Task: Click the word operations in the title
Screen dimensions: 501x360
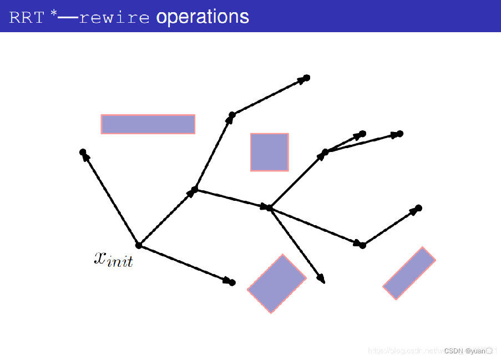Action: [203, 17]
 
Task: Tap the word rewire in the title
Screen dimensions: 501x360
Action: [114, 18]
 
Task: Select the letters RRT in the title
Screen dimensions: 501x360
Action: [26, 18]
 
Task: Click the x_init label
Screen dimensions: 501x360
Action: [113, 258]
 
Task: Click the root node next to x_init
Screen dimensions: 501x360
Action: [139, 245]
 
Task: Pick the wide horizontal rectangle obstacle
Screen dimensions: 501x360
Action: [148, 124]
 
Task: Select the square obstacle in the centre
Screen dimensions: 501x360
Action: [269, 152]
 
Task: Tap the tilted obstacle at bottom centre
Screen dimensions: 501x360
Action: [276, 283]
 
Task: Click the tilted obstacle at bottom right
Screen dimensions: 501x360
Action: [409, 273]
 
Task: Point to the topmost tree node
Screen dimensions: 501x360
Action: [306, 78]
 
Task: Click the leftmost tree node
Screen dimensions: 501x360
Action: [83, 152]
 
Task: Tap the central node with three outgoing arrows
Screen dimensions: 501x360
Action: [269, 208]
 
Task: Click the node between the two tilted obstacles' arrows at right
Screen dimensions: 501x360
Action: [362, 245]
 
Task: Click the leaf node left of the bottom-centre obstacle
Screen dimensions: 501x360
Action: [232, 283]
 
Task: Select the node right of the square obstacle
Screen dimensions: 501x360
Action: [325, 152]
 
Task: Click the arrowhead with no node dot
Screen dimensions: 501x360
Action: [322, 280]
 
